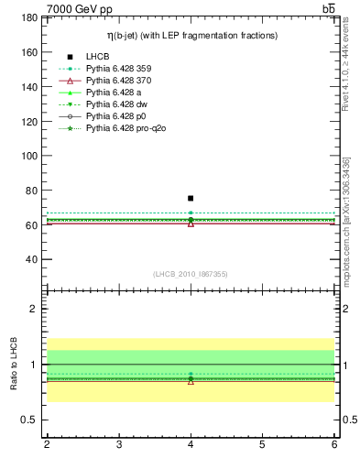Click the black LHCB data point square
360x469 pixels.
tap(191, 198)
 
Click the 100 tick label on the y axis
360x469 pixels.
tap(27, 156)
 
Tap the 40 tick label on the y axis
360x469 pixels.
tap(29, 259)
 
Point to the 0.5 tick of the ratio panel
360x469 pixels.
tap(27, 420)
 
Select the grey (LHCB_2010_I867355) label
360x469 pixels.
tap(191, 274)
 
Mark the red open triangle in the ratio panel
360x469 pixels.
tap(191, 380)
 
